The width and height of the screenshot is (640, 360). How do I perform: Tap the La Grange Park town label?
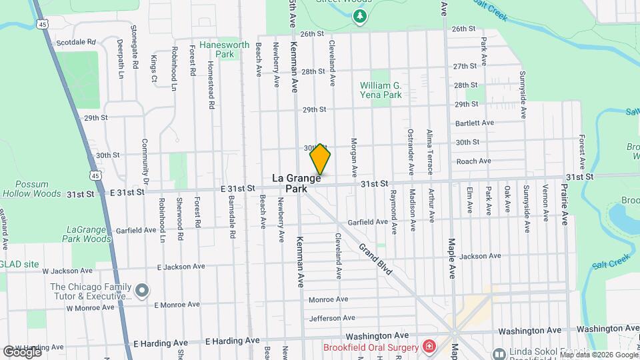coord(297,183)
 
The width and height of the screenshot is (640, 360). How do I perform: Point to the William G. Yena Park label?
coord(390,90)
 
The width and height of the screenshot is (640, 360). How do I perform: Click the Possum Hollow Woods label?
coord(32,188)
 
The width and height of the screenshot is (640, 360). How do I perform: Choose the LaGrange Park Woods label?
coord(87,233)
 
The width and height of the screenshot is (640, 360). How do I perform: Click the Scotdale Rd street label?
coord(76,42)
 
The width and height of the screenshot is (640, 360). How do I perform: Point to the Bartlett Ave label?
coord(474,123)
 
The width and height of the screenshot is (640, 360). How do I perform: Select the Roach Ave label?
coord(473,161)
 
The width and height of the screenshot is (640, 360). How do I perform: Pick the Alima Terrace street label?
coord(430,150)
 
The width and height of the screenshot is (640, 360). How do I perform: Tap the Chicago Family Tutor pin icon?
coord(141,291)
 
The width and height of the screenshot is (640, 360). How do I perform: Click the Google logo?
coord(22,351)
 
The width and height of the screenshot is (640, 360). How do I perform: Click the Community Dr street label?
coord(144,163)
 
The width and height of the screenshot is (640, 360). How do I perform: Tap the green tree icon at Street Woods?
coord(360,15)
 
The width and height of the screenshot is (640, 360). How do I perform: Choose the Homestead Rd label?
coord(211,86)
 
